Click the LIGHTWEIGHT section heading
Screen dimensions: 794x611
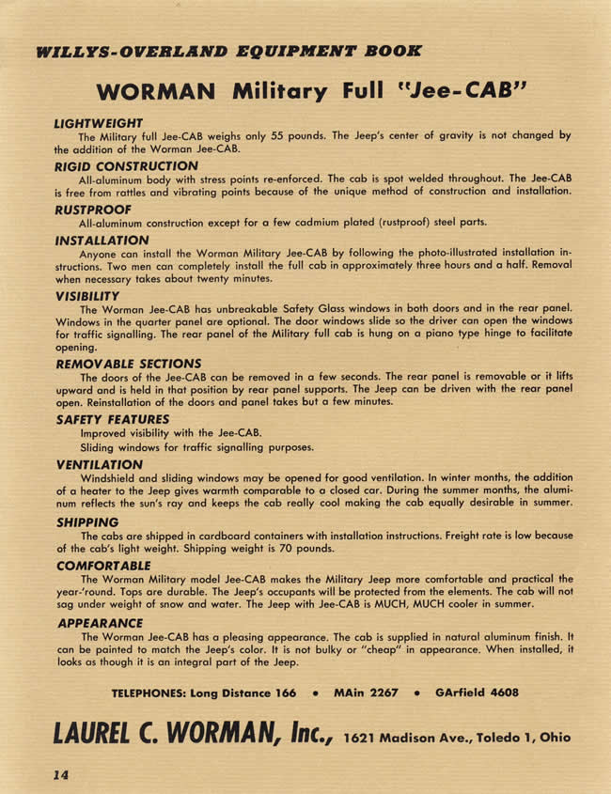(98, 123)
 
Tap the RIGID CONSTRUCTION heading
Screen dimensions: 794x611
(126, 166)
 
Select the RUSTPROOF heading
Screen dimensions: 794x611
(92, 210)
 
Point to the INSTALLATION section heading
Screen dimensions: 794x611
(102, 241)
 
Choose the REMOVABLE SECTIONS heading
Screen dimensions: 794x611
(129, 363)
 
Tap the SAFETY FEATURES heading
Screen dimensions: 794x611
(113, 419)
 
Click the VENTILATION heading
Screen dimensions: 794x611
(99, 464)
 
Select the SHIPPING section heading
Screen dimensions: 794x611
(87, 522)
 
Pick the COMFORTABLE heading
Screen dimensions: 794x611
(103, 566)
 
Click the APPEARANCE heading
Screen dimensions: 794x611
(100, 622)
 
